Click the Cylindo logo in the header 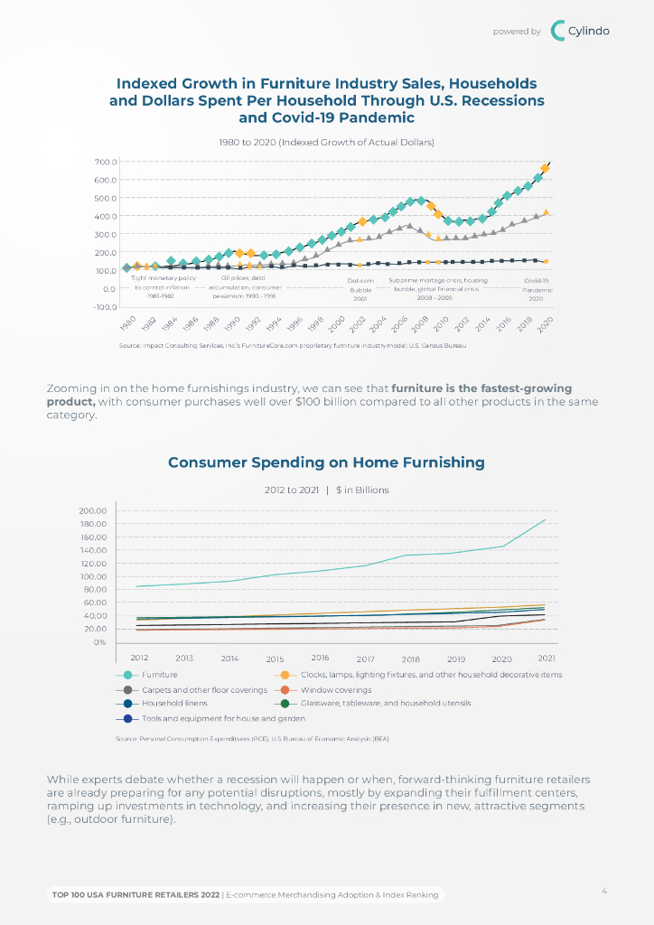[580, 31]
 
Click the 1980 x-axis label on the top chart [127, 322]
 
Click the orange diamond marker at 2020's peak [545, 168]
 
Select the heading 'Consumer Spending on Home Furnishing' [326, 462]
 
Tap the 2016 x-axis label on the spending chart [320, 658]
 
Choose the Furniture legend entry [159, 675]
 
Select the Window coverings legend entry [335, 689]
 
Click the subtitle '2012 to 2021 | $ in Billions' [326, 491]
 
